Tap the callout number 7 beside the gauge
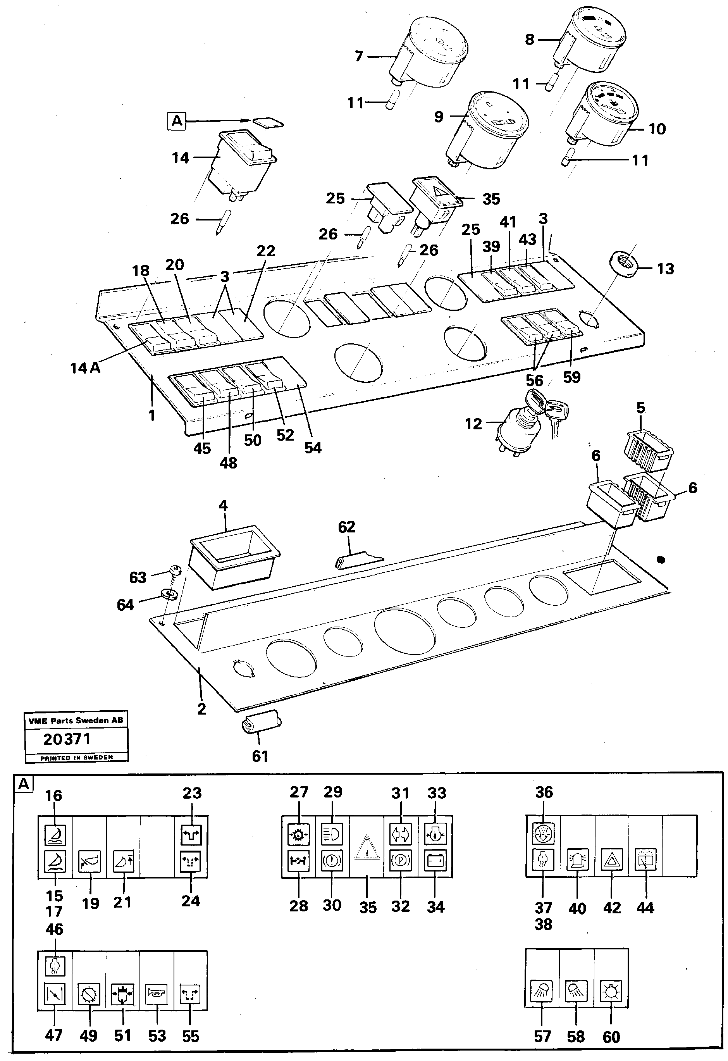359,56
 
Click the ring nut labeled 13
624,266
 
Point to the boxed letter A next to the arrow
177,121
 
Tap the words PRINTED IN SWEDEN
76,758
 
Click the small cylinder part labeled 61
260,723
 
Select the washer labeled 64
170,594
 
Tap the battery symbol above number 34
435,861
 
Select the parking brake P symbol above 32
400,861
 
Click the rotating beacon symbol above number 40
577,861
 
